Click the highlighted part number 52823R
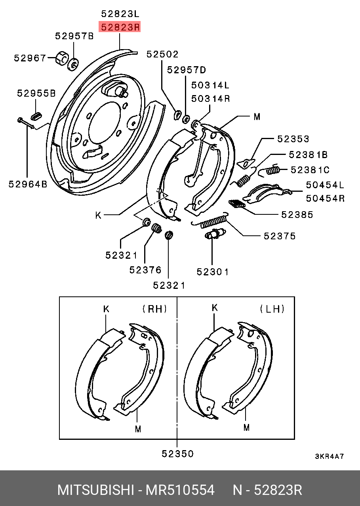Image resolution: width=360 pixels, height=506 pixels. (120, 27)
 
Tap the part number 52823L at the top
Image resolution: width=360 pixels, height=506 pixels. (120, 14)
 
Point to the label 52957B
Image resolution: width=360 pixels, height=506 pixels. (74, 36)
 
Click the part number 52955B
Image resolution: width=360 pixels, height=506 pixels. (36, 94)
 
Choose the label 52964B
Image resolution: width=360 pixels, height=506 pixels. (28, 184)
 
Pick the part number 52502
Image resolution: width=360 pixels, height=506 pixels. (162, 54)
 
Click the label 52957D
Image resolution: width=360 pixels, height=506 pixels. (187, 70)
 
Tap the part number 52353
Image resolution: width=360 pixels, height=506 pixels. (293, 139)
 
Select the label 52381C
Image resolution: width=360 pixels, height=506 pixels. (310, 170)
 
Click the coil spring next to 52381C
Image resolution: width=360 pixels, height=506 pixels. (273, 170)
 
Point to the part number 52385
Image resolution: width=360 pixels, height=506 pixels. (297, 215)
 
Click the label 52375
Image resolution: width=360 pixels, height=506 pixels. (280, 236)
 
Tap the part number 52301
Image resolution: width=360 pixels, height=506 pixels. (213, 272)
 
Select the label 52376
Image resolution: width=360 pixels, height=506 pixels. (145, 270)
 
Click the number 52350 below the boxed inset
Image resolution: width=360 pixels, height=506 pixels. (178, 454)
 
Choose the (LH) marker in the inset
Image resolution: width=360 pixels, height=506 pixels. (272, 309)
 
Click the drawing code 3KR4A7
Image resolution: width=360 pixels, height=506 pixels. (329, 456)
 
